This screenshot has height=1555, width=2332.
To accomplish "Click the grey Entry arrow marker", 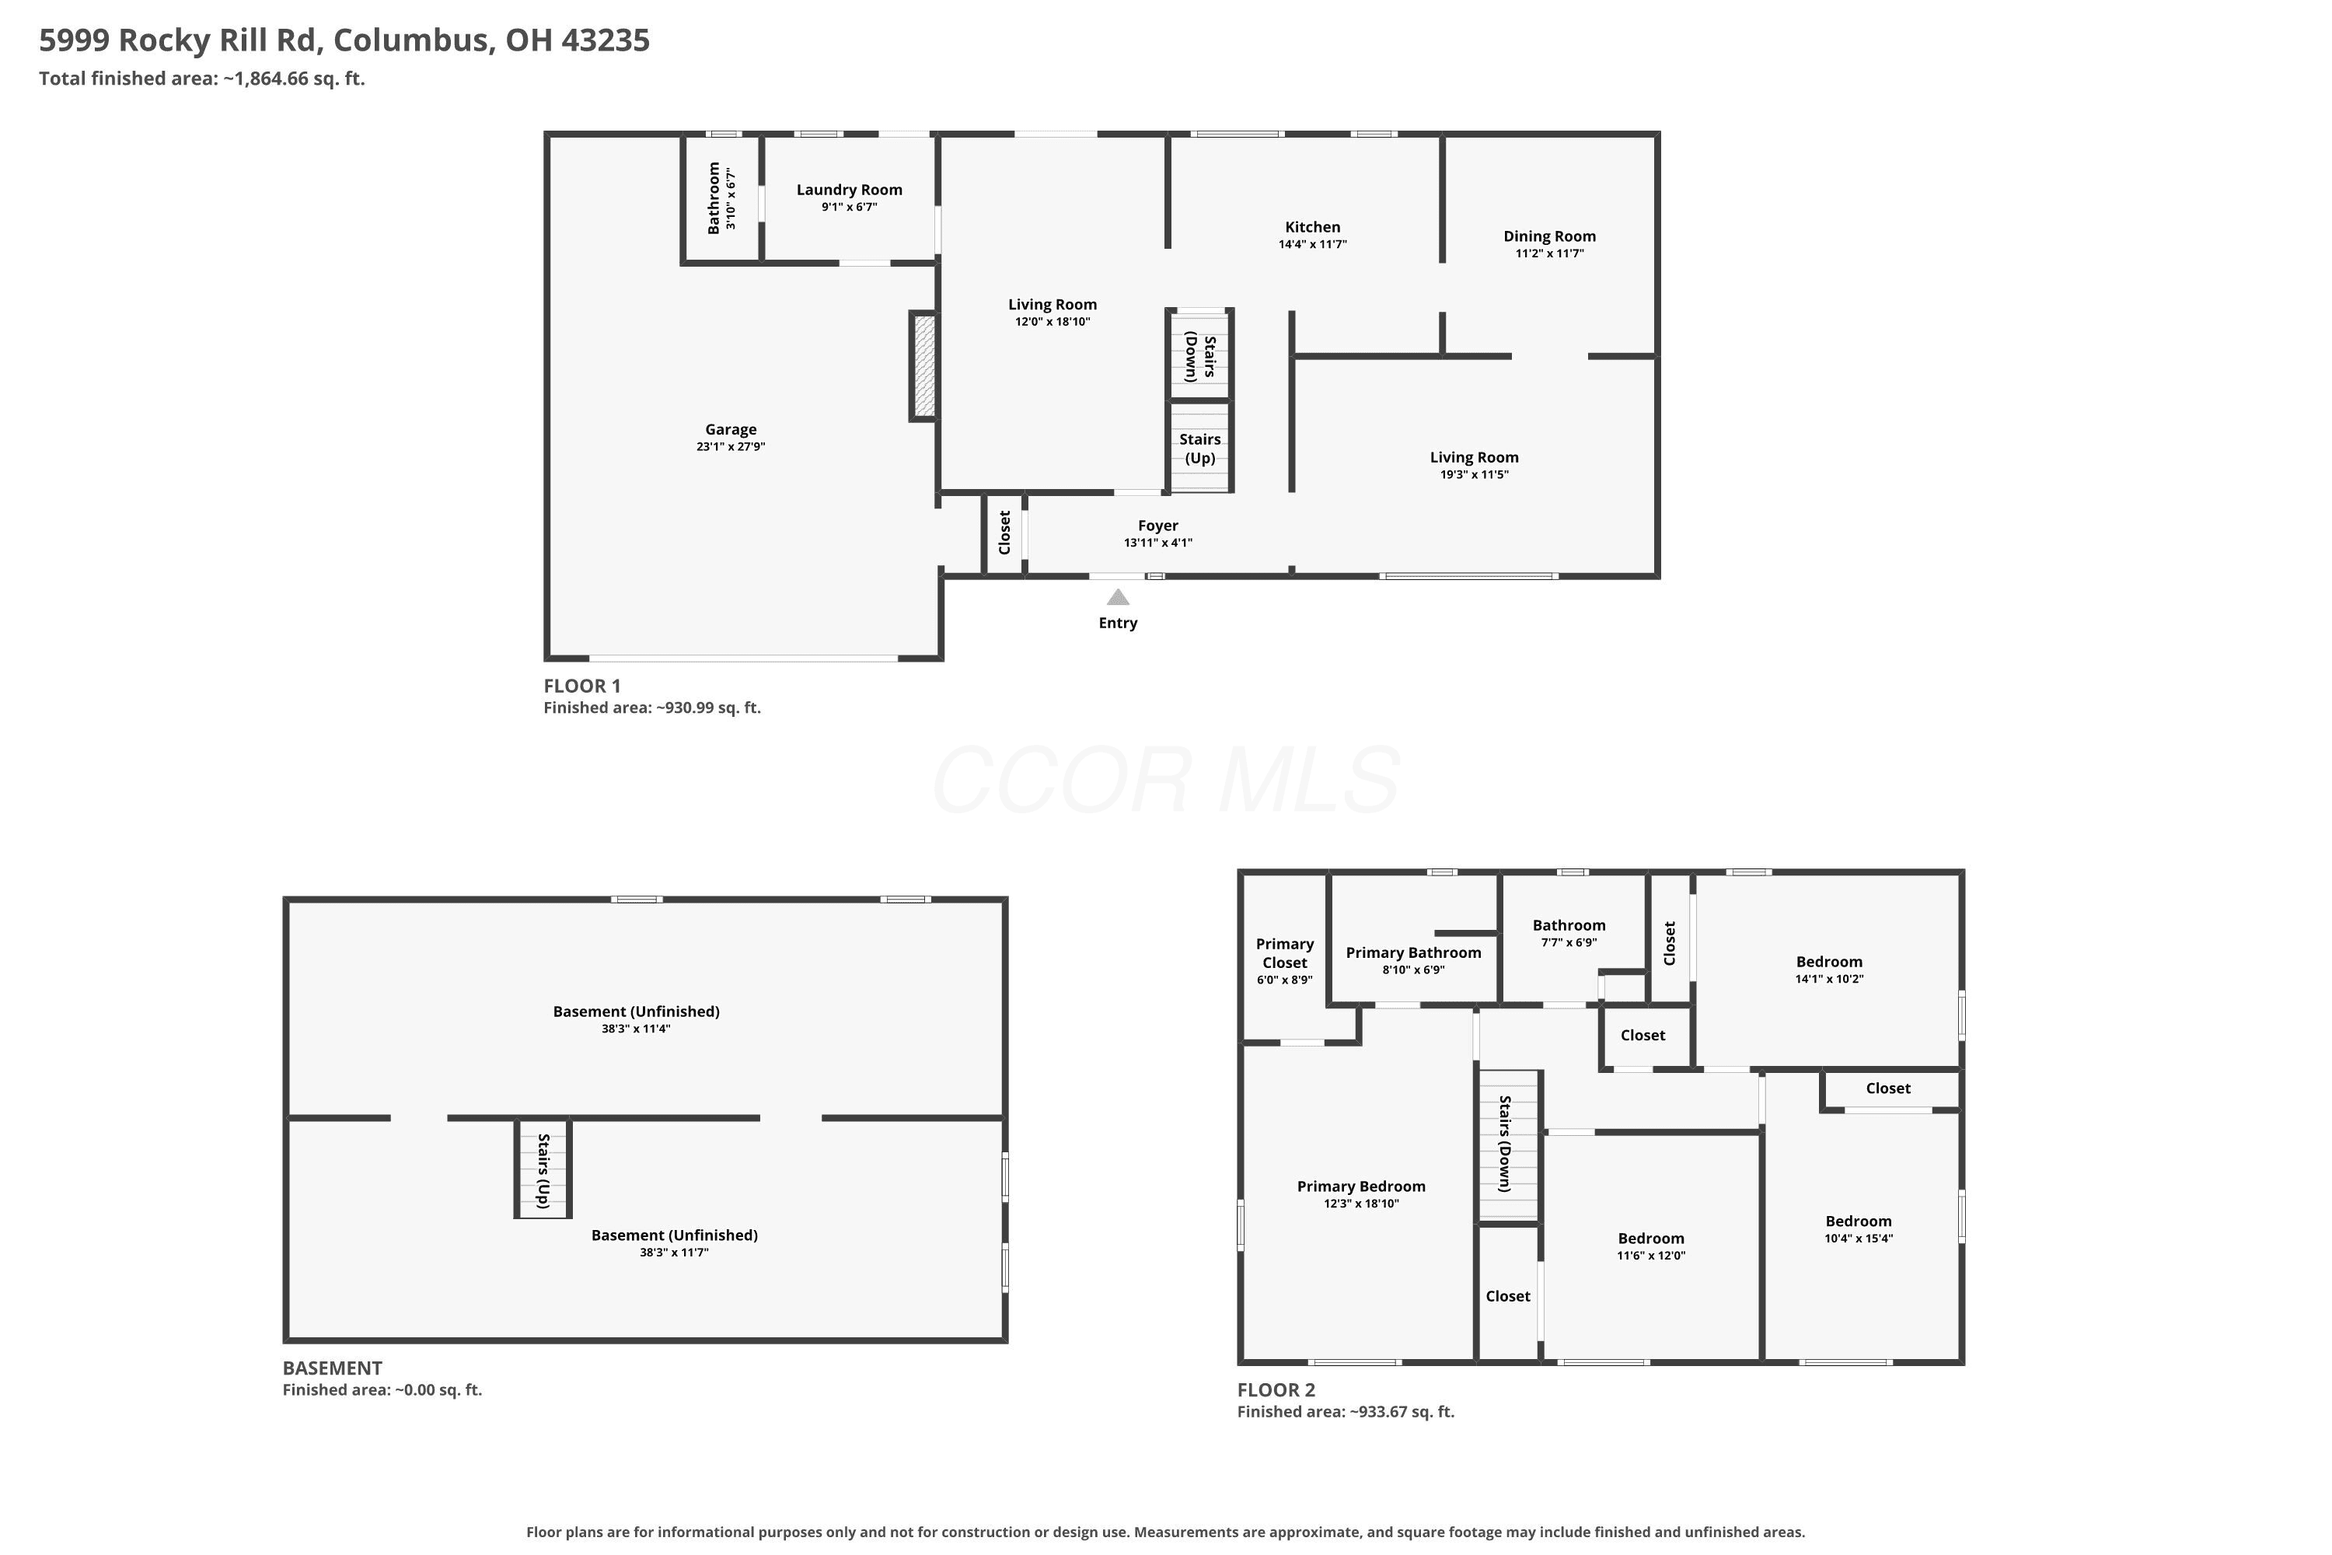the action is [x=1118, y=597].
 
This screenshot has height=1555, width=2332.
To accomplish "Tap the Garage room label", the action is [x=731, y=429].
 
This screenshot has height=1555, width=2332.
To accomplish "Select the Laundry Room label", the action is [x=850, y=190].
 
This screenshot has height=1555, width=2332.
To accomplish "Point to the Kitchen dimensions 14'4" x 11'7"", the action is [x=1313, y=244].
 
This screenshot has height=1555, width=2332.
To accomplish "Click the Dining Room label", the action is [x=1550, y=236].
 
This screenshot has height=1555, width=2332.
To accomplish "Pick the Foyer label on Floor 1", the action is [x=1158, y=526].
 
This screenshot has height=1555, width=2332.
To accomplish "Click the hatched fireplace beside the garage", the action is [x=924, y=366].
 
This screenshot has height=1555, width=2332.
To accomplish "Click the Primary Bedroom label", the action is [x=1361, y=1186].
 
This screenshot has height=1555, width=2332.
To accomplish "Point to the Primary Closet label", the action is [x=1285, y=953].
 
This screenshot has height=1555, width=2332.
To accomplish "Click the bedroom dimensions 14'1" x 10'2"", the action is [x=1829, y=979].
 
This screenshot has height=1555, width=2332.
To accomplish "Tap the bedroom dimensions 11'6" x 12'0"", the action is [x=1651, y=1256].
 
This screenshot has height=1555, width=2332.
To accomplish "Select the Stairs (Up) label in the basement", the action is [x=543, y=1171].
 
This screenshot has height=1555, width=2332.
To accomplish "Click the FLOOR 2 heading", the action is [x=1276, y=1389].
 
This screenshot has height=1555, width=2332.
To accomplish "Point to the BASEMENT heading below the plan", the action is [x=332, y=1368].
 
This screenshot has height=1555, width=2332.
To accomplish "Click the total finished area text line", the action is [x=202, y=79].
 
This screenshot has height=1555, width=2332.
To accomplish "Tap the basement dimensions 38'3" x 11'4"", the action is [x=636, y=1029].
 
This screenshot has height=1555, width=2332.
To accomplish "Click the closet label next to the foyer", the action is [x=1004, y=533].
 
